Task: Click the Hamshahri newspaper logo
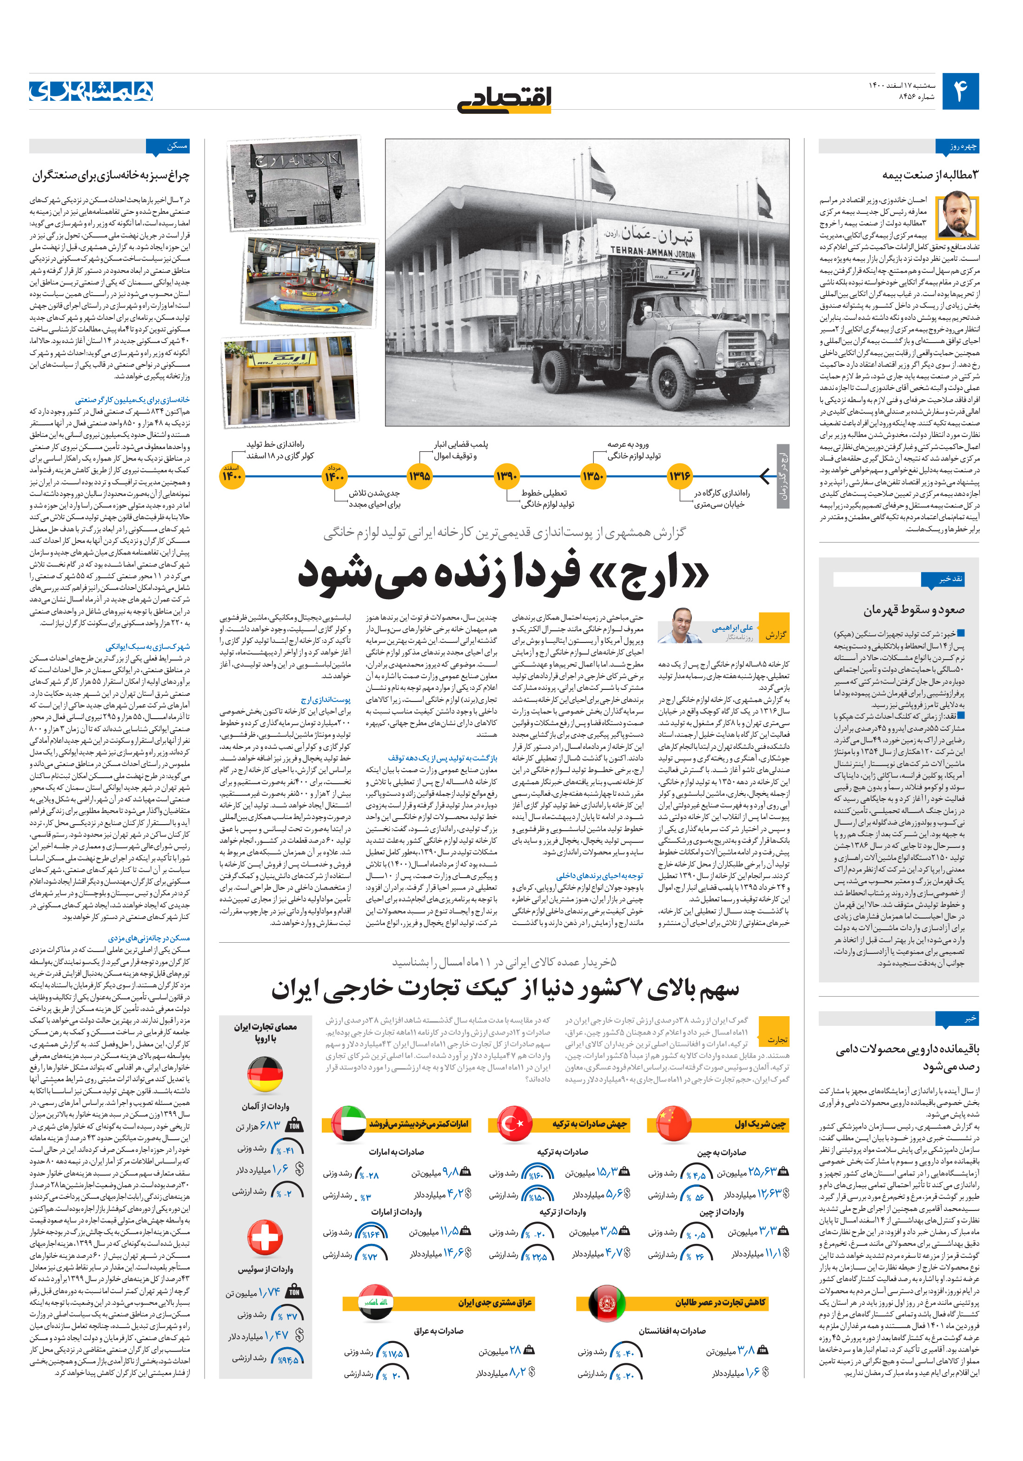pos(91,91)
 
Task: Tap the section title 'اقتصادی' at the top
pos(504,98)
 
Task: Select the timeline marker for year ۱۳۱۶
pos(679,476)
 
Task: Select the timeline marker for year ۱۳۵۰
pos(593,476)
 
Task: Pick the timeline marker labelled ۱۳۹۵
pos(419,476)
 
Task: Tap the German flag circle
pos(265,1075)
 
